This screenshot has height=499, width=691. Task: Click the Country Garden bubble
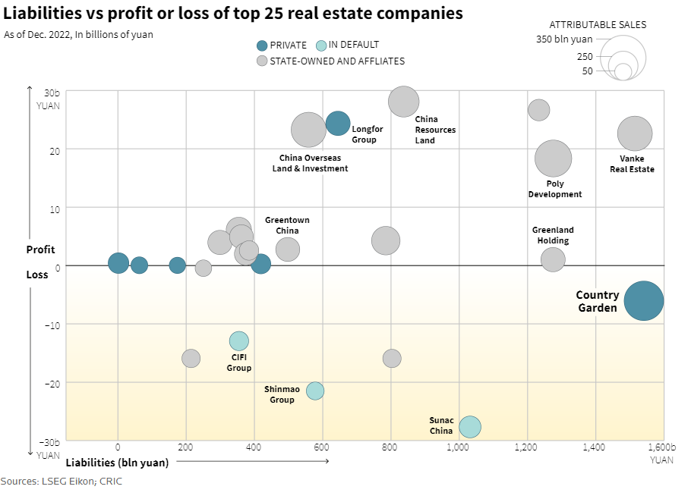click(644, 301)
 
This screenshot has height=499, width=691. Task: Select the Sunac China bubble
click(470, 427)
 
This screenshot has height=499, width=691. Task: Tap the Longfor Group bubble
click(338, 123)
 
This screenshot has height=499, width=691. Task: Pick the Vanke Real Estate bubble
click(635, 133)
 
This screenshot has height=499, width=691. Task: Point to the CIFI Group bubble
click(239, 341)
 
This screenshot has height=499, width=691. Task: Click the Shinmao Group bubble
click(315, 391)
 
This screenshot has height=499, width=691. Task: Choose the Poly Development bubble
click(553, 158)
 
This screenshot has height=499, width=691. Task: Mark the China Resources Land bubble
click(403, 102)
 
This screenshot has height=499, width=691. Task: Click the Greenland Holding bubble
click(553, 259)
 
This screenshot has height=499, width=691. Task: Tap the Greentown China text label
click(287, 225)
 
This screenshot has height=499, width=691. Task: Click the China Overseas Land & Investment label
click(310, 163)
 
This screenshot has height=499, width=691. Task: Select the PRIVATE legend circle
click(262, 46)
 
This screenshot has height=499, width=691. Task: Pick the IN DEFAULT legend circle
click(321, 46)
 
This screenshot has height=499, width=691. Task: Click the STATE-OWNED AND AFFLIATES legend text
click(337, 61)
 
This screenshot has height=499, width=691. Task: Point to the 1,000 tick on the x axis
click(459, 448)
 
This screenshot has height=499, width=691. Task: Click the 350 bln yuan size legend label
click(564, 39)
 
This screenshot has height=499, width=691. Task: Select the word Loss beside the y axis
click(36, 275)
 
